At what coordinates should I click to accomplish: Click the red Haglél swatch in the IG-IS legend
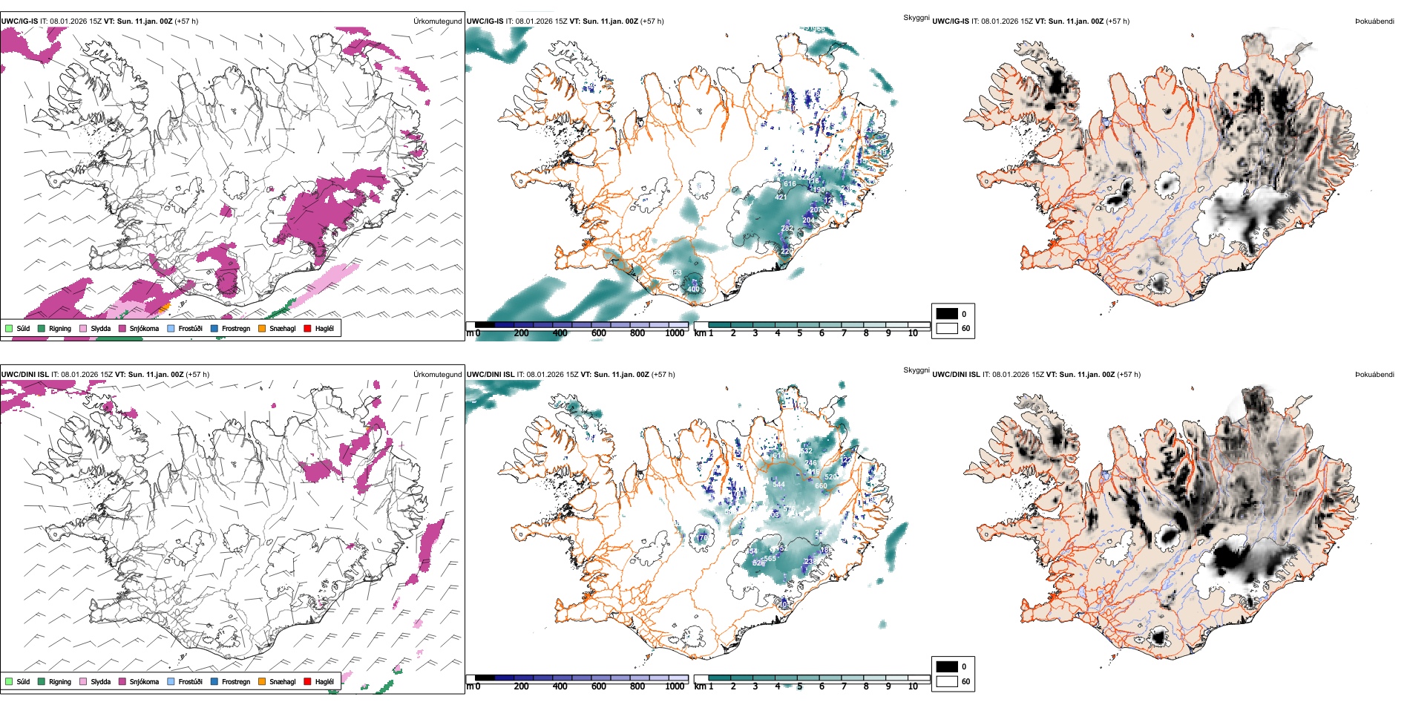307,328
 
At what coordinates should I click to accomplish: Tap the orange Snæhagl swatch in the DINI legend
262,681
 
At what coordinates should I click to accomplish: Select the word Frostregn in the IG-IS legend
235,328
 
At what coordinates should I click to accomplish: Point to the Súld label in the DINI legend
23,681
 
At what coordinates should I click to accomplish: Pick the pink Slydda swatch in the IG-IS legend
83,328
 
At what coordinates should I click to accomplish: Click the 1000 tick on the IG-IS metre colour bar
675,333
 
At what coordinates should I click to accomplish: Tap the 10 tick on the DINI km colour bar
913,686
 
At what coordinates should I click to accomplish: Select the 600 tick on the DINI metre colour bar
599,686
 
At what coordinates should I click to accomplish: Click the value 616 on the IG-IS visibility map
790,184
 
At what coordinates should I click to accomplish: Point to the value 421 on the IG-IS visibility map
781,197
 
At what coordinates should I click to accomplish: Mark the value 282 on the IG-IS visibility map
787,229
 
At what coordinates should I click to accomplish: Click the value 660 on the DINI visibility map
821,486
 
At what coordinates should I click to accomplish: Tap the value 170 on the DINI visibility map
703,537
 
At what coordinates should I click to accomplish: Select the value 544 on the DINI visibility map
778,485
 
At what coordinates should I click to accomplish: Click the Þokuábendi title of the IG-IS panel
1374,22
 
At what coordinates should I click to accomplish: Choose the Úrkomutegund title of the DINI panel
437,375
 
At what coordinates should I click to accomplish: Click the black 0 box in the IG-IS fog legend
947,314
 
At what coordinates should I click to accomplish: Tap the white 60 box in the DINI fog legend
947,681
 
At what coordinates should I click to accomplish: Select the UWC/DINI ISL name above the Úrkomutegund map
25,375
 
